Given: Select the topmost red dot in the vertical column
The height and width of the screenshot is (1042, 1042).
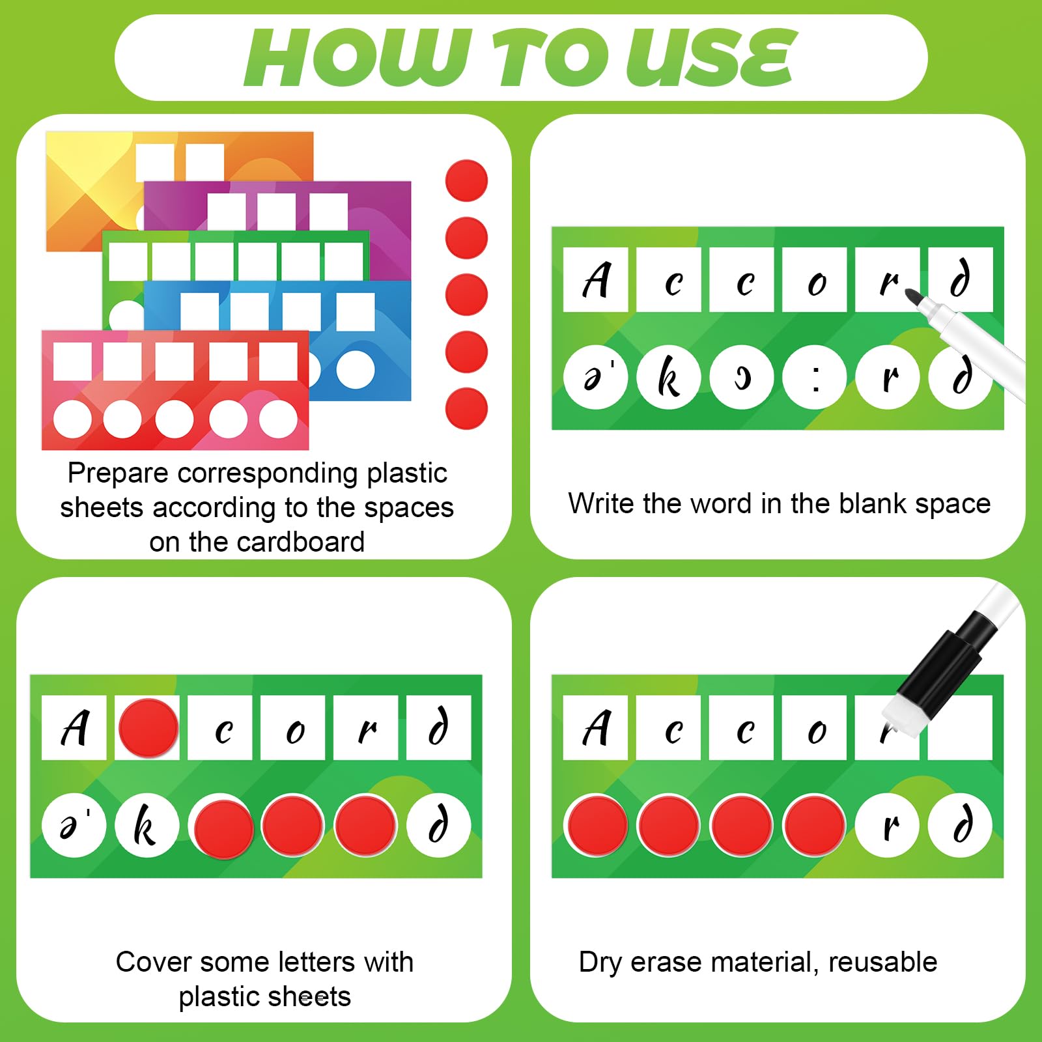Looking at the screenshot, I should click(x=466, y=180).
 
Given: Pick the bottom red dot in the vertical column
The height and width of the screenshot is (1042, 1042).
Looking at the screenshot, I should click(x=466, y=408).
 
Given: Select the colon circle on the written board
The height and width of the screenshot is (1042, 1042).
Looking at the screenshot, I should click(x=815, y=377).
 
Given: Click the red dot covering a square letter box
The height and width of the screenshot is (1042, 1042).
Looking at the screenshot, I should click(x=148, y=727).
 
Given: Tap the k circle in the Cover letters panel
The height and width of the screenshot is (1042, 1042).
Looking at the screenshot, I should click(x=147, y=825).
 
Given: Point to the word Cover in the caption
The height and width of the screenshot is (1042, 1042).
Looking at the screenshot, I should click(x=153, y=962).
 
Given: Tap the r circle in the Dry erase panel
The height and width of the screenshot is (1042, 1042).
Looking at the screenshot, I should click(x=888, y=825).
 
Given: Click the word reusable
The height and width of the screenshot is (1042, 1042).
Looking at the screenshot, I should click(x=882, y=962).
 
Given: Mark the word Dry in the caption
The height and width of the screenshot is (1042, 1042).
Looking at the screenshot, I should click(x=600, y=962).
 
